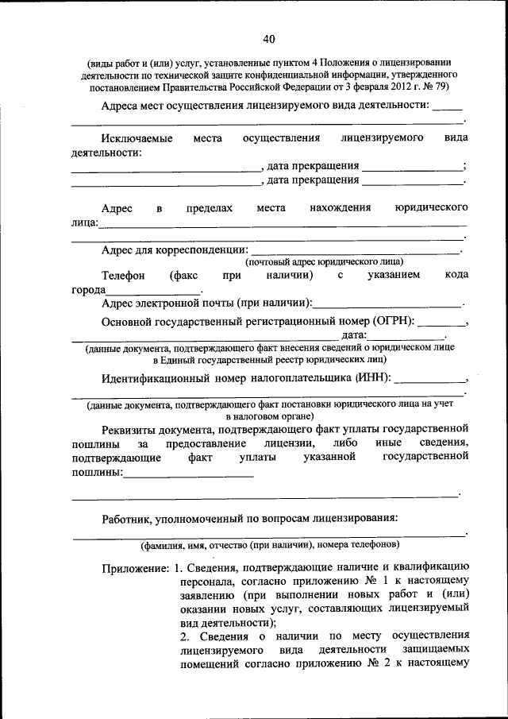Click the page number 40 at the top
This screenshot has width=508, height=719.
pos(268,39)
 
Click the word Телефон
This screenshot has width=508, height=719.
pos(123,275)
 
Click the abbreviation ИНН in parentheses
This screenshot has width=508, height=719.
pos(372,377)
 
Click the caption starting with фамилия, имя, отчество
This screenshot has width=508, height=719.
pos(270,546)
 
